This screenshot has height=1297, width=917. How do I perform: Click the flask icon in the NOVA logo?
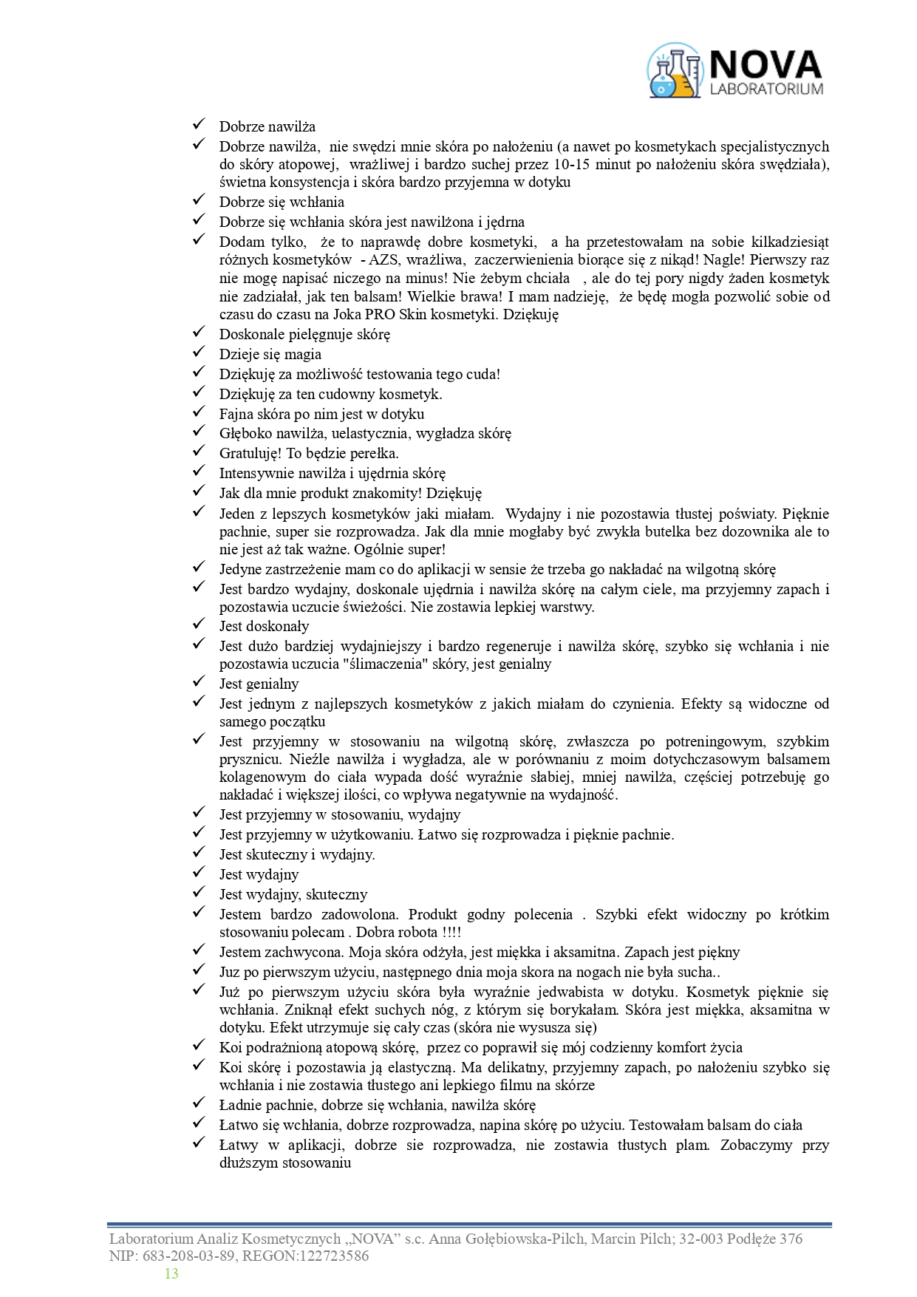point(674,71)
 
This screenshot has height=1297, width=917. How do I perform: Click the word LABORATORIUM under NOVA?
point(766,89)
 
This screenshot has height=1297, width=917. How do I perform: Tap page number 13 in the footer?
point(171,1273)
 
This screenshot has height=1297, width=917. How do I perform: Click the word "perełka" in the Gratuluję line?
point(374,453)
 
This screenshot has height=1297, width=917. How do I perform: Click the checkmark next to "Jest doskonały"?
point(199,624)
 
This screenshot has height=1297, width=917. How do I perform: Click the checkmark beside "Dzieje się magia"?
point(199,352)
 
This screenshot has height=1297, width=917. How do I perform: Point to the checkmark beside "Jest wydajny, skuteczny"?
point(199,892)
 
